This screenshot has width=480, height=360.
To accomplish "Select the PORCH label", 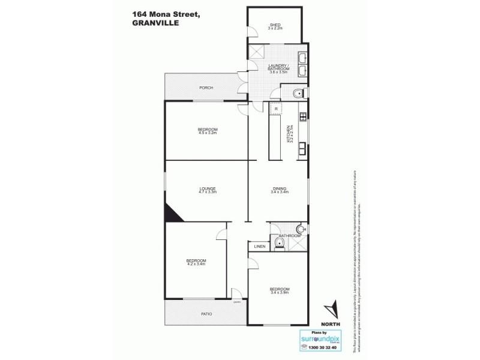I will [206, 88].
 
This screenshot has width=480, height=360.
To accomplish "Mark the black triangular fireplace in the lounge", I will [170, 213].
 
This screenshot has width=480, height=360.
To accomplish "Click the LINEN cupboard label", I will [259, 246].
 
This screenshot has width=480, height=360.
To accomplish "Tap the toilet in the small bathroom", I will [278, 242].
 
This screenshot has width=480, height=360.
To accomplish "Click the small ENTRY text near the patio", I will [237, 301].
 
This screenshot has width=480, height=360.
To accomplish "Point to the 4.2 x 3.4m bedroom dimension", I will [196, 264].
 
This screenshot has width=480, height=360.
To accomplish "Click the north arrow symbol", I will [331, 311].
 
